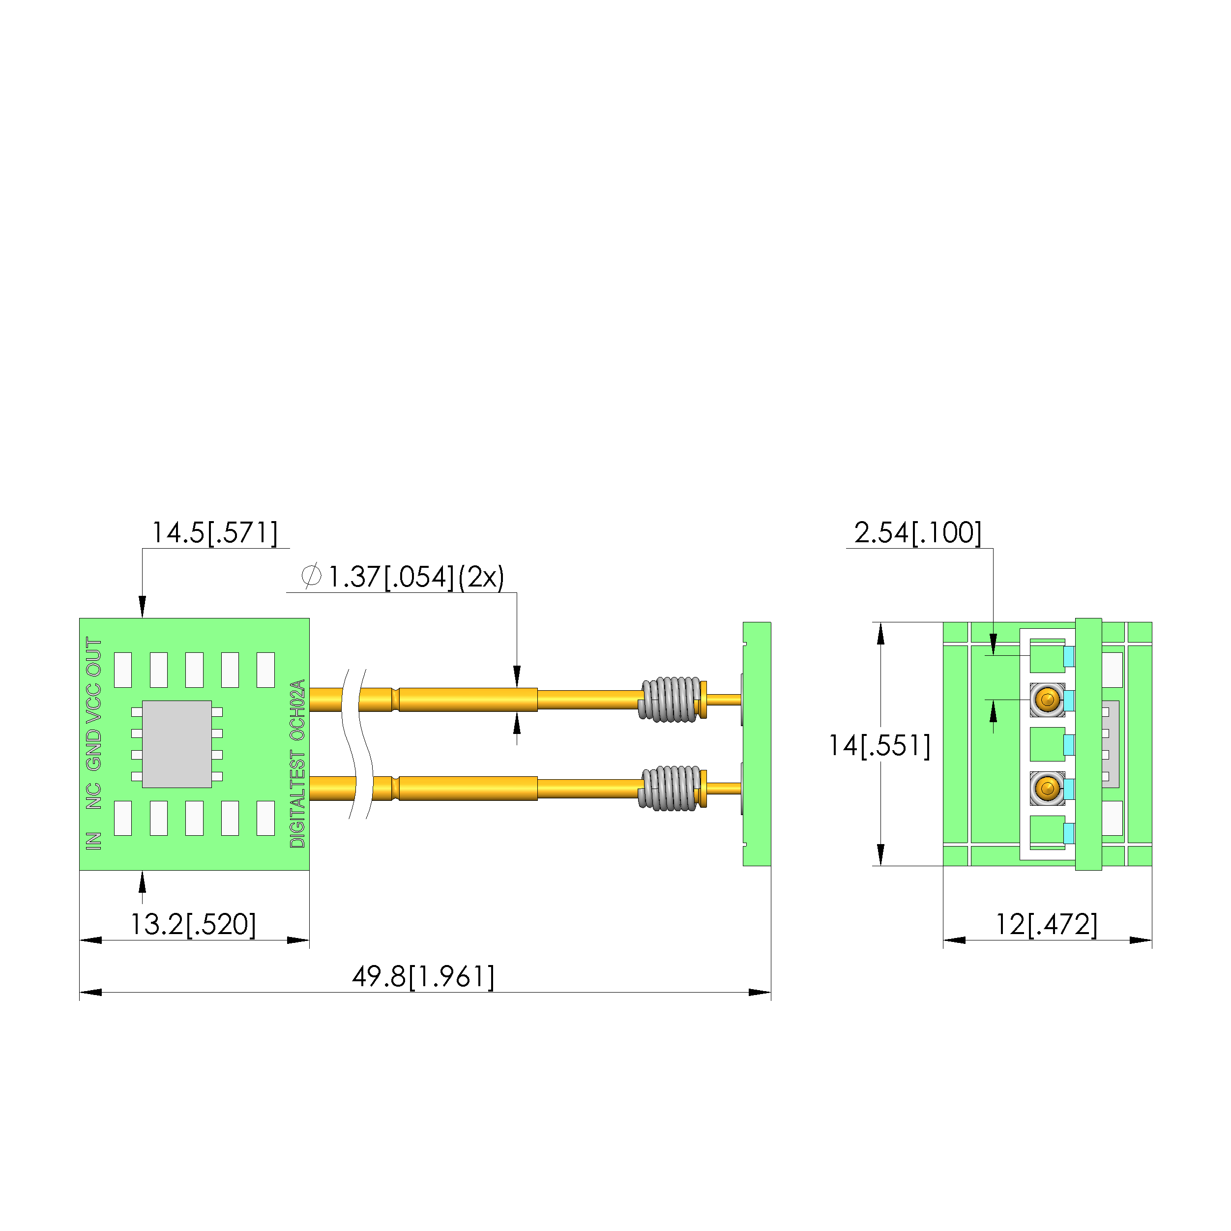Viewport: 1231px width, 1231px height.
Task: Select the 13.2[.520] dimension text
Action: click(193, 925)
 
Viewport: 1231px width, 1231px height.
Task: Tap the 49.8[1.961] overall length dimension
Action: click(423, 977)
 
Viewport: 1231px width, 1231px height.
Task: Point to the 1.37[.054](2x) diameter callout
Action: click(415, 577)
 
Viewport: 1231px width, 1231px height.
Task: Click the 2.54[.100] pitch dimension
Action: click(917, 533)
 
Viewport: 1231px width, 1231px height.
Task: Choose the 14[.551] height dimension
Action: click(879, 745)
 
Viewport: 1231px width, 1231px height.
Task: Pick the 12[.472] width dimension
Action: click(1046, 925)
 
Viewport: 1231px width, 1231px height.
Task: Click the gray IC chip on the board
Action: click(176, 744)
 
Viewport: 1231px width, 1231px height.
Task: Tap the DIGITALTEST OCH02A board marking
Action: click(297, 763)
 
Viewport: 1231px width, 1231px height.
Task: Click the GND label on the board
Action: click(94, 749)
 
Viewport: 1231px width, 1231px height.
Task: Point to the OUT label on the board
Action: click(94, 657)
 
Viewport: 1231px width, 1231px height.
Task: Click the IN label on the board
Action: click(94, 841)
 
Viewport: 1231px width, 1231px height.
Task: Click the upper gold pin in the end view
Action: click(1047, 700)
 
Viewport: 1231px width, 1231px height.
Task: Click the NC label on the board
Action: click(94, 796)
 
